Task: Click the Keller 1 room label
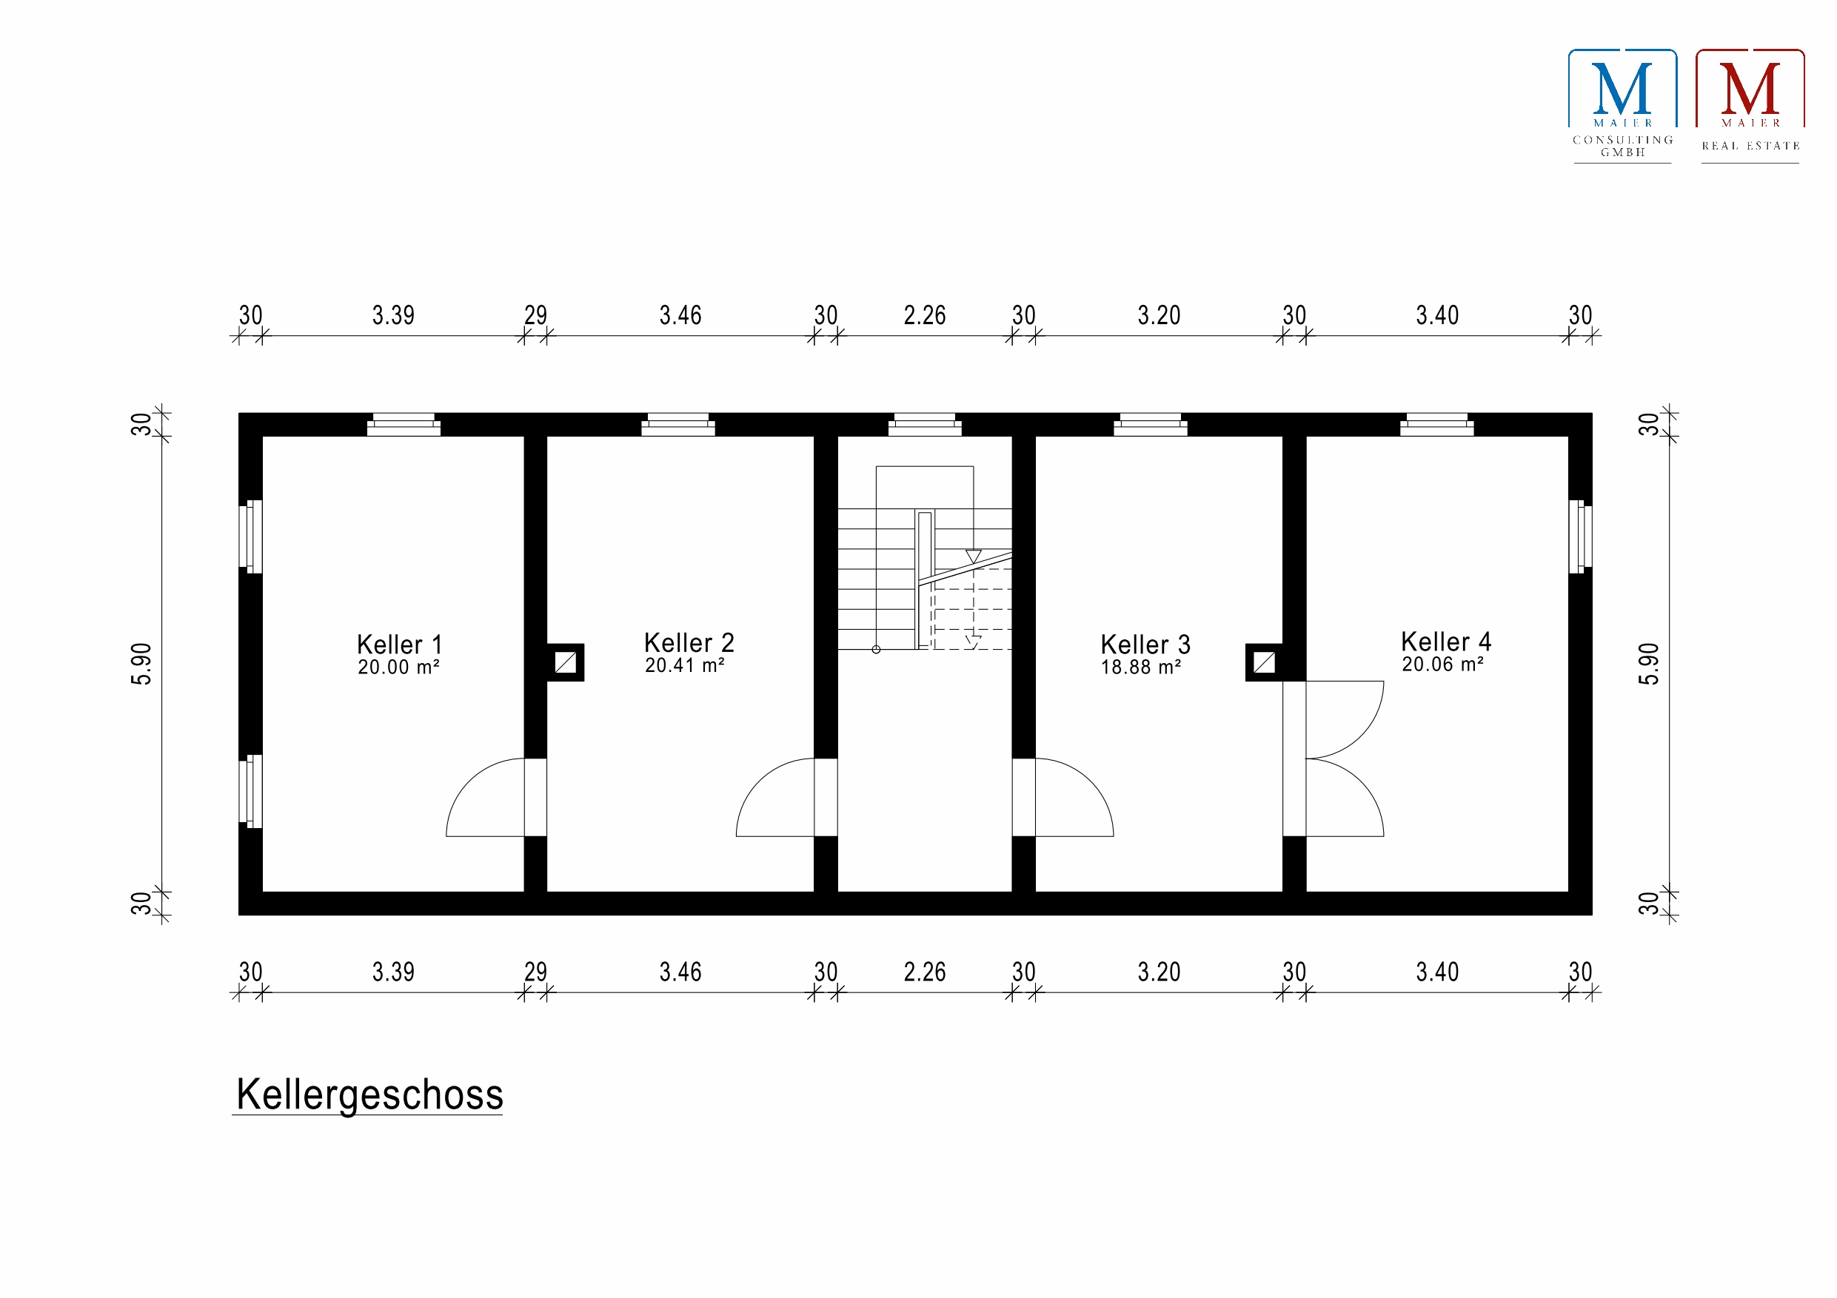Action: click(398, 645)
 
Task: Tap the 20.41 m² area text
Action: click(684, 665)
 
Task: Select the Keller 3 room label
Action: click(1145, 645)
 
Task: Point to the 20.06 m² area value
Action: click(1442, 665)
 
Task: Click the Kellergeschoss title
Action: click(369, 1094)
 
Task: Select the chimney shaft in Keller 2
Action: click(566, 662)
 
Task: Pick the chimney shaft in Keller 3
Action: click(1264, 662)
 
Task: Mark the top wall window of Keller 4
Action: click(1436, 425)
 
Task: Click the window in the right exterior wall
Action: click(1579, 537)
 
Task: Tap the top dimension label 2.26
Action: click(924, 316)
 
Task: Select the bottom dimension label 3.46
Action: click(680, 972)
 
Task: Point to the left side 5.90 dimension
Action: click(141, 664)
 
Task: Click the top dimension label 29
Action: click(535, 316)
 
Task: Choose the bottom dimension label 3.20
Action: click(1159, 972)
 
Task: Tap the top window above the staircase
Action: click(924, 425)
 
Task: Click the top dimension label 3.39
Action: click(393, 316)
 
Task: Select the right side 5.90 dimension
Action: click(1649, 664)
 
